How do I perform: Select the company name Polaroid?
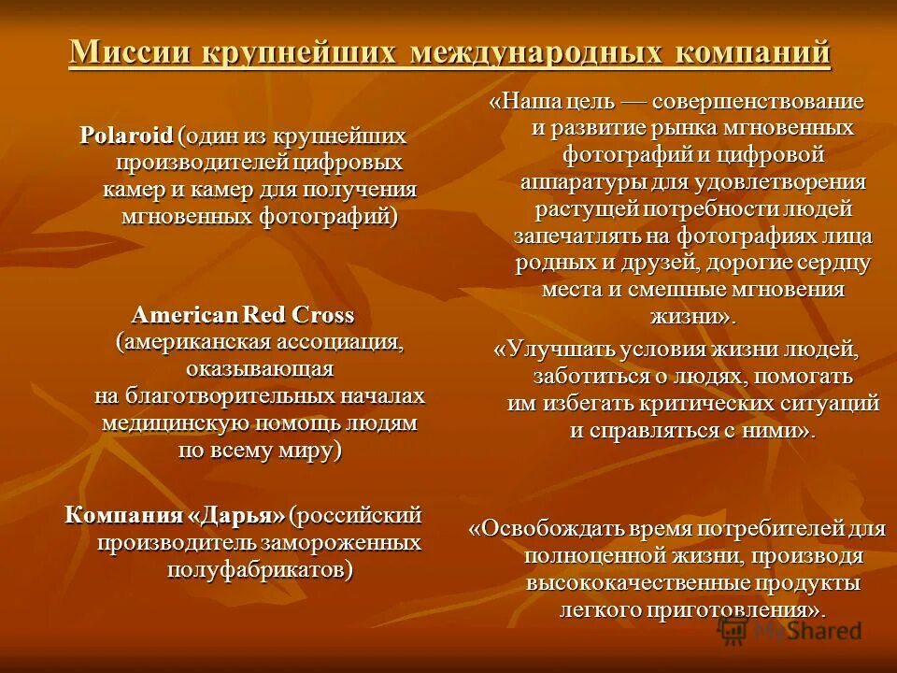pos(126,136)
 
